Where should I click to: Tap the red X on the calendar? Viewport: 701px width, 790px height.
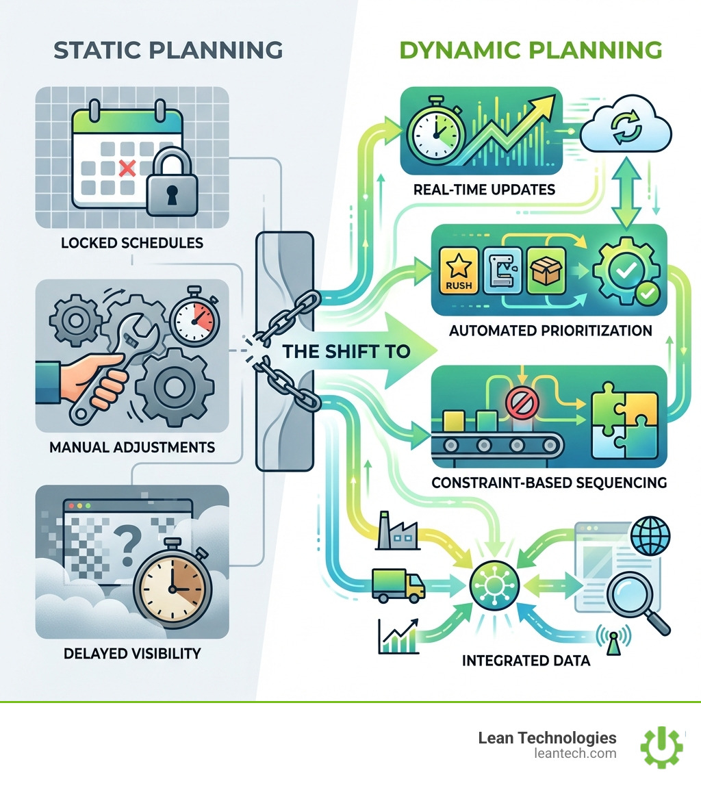point(127,168)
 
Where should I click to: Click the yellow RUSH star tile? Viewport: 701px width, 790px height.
point(459,270)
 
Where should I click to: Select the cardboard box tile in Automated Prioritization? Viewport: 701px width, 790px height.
point(546,270)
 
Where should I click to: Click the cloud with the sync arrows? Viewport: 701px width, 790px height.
point(626,125)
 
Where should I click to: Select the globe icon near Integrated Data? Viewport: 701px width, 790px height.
point(650,535)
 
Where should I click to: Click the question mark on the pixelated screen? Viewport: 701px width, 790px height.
point(127,544)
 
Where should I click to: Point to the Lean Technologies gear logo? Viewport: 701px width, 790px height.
point(662,747)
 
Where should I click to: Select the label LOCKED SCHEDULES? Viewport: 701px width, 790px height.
point(132,243)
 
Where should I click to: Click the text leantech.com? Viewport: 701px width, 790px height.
point(575,753)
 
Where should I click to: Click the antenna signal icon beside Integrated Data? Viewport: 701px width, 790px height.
point(613,639)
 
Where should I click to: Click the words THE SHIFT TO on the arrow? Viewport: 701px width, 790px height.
point(346,351)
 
